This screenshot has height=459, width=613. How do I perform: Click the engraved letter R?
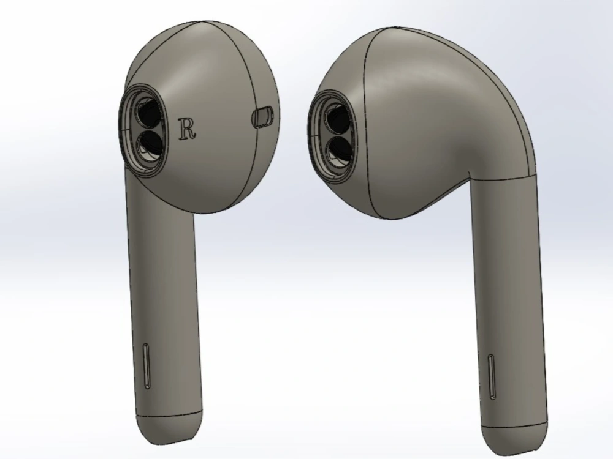tap(187, 129)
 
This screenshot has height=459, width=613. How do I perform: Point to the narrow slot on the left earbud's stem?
tap(147, 366)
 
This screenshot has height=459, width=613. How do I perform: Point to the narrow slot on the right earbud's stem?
tap(492, 377)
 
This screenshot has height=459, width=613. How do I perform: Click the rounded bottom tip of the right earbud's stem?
tap(515, 436)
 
